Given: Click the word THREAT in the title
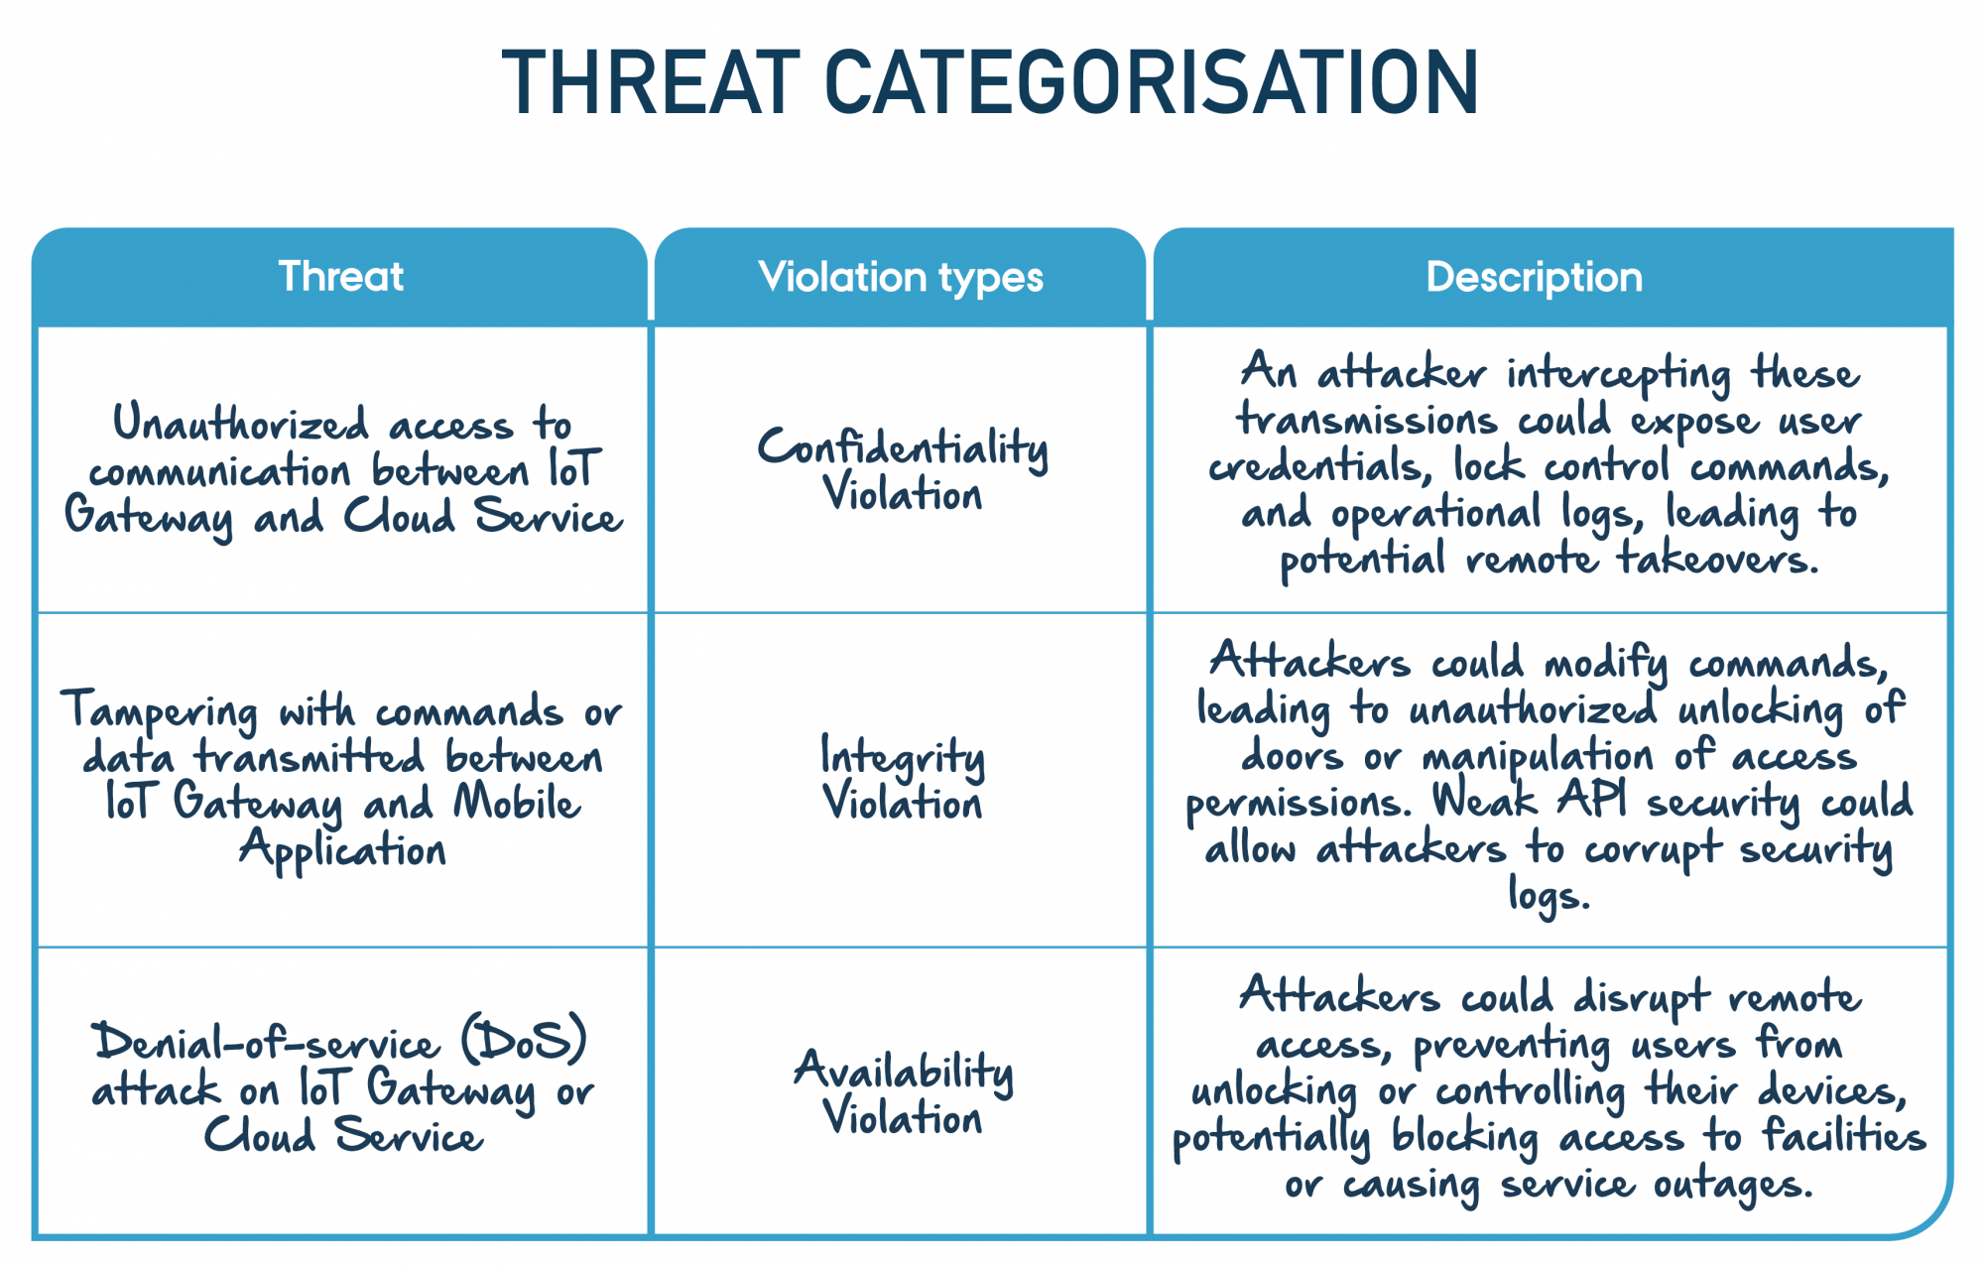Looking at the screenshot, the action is pos(651,82).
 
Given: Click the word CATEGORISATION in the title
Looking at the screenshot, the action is pos(1152,82).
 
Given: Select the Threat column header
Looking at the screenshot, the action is pos(341,277).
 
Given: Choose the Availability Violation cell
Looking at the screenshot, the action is pos(903,1092).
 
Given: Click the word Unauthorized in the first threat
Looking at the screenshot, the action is pos(241,423).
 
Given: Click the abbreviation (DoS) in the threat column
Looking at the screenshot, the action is pos(525,1040).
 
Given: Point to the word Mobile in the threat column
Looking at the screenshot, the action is pos(517,803).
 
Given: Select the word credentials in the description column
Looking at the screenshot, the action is pos(1320,466).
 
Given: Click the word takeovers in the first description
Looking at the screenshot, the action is pos(1718,560).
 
